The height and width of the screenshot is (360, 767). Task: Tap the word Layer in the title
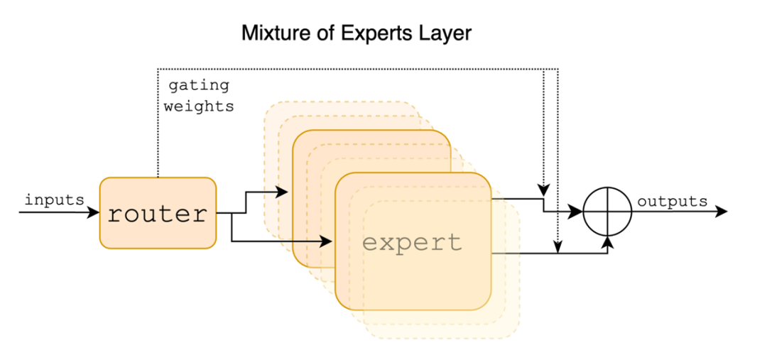(x=446, y=33)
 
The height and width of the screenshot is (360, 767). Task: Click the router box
(x=157, y=213)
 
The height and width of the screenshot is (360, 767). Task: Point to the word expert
(x=412, y=243)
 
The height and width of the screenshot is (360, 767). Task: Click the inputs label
(x=54, y=200)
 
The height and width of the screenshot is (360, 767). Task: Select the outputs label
(x=672, y=201)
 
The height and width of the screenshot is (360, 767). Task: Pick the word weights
(x=199, y=107)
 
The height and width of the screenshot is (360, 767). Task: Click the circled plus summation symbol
(x=607, y=212)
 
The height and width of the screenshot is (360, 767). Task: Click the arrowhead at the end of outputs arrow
(x=722, y=212)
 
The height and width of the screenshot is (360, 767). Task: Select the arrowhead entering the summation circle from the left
(x=576, y=212)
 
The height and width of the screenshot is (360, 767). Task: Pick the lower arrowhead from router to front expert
(x=327, y=242)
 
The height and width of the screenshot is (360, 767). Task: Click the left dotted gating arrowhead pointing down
(x=543, y=191)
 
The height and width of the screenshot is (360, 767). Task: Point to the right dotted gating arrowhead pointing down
(x=557, y=248)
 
